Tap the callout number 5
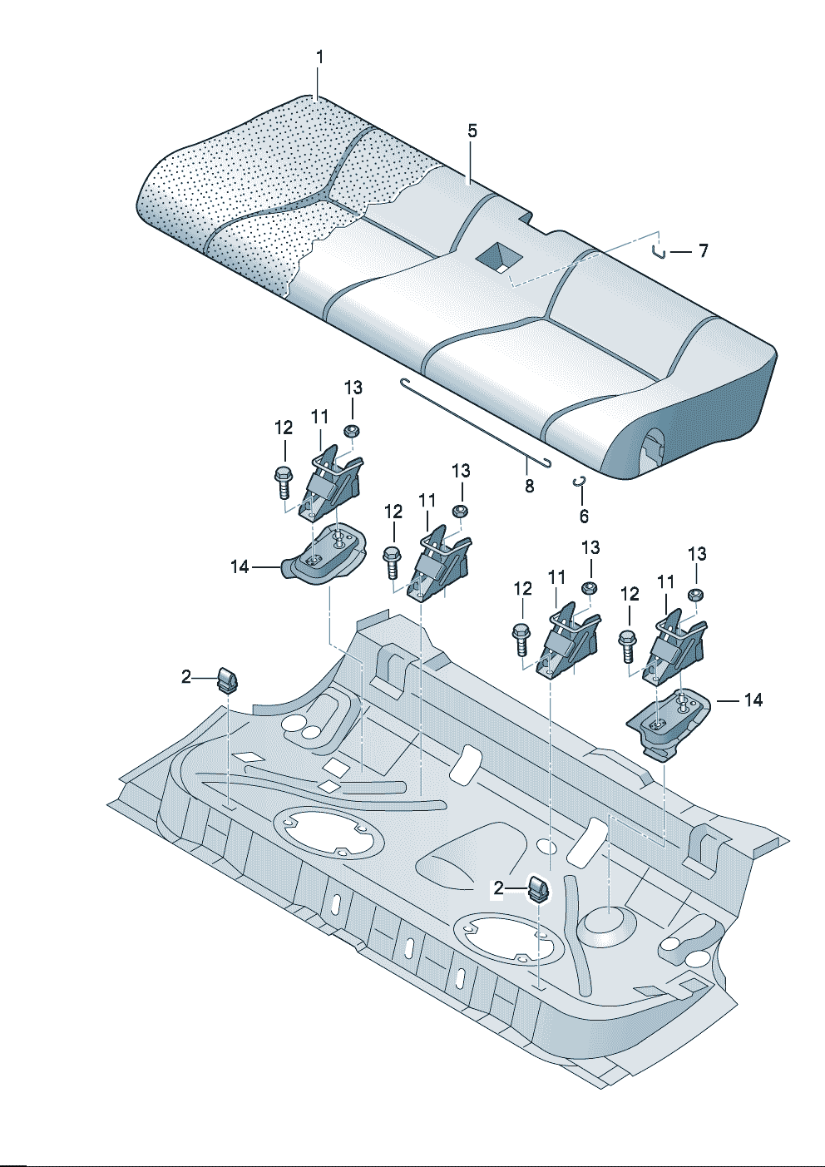(x=472, y=131)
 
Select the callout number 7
(x=703, y=250)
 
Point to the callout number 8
(x=530, y=486)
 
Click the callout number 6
(x=584, y=517)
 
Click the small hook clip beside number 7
(x=658, y=250)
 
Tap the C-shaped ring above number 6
(x=580, y=482)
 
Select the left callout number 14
(x=240, y=566)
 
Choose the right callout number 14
(x=753, y=700)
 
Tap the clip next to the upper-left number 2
(x=226, y=679)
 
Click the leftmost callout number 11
(x=320, y=416)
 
